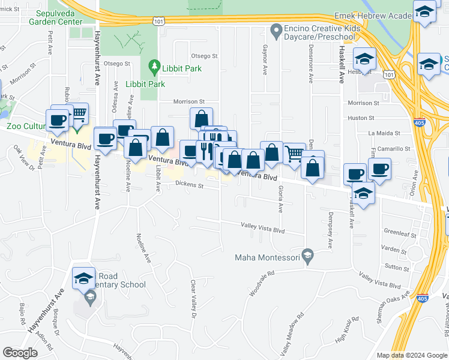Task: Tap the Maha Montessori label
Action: coord(267,258)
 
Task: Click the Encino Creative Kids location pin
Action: coord(277,29)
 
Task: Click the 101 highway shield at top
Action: coord(158,22)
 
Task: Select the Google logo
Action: coord(20,353)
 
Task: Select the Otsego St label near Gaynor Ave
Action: coord(204,56)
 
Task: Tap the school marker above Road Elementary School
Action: coord(84,278)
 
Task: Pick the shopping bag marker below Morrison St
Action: coord(201,118)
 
